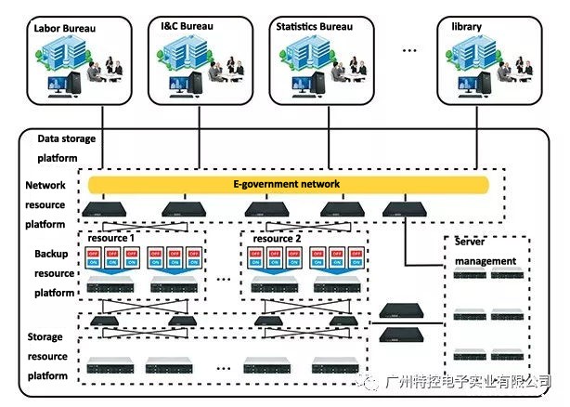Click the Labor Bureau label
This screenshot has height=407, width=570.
tap(65, 28)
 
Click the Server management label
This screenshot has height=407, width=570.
tap(485, 251)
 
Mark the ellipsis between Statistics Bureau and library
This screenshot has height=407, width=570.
tap(409, 48)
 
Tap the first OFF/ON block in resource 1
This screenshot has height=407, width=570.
tap(94, 258)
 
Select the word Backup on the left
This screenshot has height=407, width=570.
tap(52, 254)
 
